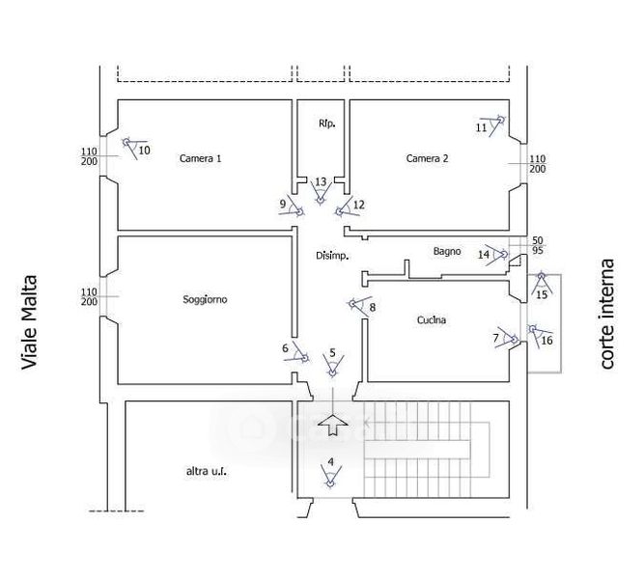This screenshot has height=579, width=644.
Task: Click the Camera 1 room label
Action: coord(201,158)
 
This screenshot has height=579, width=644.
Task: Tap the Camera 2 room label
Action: coord(427,158)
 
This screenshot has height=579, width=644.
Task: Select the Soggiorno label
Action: coord(205,299)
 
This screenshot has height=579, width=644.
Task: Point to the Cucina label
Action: coord(432,320)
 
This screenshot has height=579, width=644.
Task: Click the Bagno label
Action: coord(447,252)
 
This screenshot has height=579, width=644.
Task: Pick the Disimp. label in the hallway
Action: coord(332,256)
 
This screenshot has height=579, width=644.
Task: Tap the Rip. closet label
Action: coord(326,124)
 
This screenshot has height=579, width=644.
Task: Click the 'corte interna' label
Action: coord(607,313)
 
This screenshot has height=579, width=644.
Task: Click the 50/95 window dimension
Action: coord(538,245)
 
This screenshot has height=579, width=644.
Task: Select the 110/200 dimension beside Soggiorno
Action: coord(90,297)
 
